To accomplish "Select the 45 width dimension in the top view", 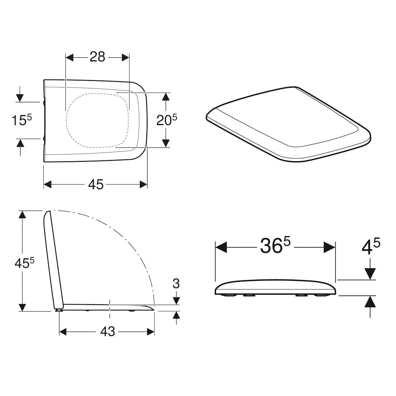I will [96, 184].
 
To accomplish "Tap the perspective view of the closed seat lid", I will [287, 125].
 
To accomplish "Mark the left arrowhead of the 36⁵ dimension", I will [220, 247].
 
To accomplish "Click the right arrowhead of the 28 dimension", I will [125, 58].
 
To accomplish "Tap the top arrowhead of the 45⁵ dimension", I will [22, 214].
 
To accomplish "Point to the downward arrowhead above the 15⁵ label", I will [20, 97].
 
